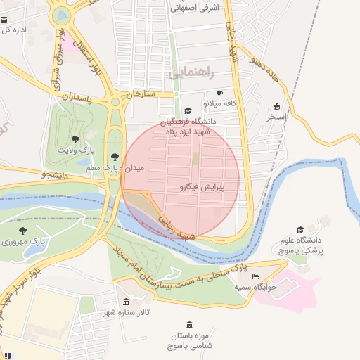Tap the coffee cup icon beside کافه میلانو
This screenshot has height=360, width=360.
click(219, 93)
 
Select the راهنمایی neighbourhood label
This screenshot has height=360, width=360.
click(191, 72)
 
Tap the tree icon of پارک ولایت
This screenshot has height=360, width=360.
click(75, 139)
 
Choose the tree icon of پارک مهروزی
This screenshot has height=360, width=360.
click(23, 230)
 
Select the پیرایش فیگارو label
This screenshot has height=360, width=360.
click(201, 188)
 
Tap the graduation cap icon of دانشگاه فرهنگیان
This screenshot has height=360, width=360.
click(187, 110)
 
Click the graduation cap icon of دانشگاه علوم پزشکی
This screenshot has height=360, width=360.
click(301, 229)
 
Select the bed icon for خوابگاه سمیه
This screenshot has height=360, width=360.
click(255, 276)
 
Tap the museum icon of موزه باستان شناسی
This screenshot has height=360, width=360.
click(188, 324)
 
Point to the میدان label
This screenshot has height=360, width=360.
click(134, 169)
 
